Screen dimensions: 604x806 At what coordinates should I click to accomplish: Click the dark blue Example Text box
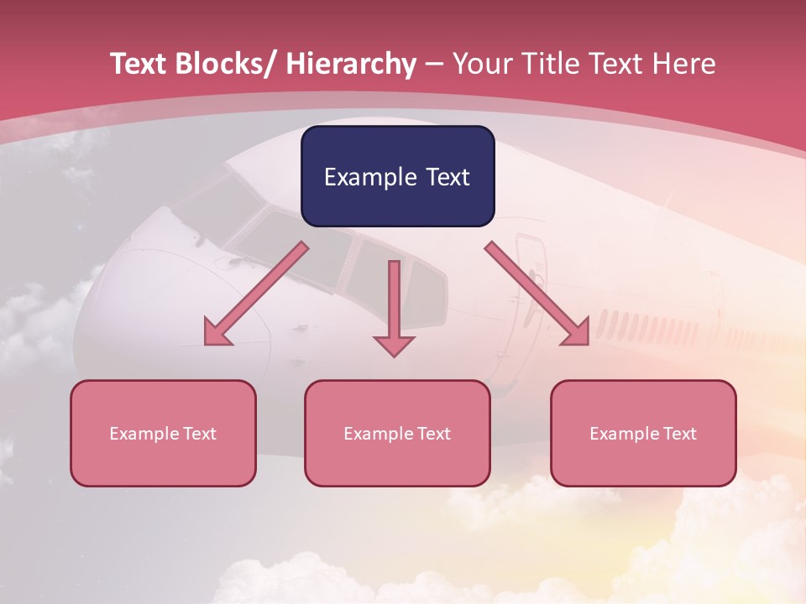(397, 177)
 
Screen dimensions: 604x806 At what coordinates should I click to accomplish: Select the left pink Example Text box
(163, 434)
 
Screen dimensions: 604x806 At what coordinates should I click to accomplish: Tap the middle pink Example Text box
(397, 434)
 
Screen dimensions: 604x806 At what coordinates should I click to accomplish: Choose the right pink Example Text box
(643, 434)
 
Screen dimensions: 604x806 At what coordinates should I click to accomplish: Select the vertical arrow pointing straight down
(394, 306)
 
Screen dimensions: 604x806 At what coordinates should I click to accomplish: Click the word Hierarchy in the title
(351, 65)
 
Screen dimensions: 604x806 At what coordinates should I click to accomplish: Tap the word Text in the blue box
(446, 178)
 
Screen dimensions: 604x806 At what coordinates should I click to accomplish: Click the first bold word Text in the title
(138, 65)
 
